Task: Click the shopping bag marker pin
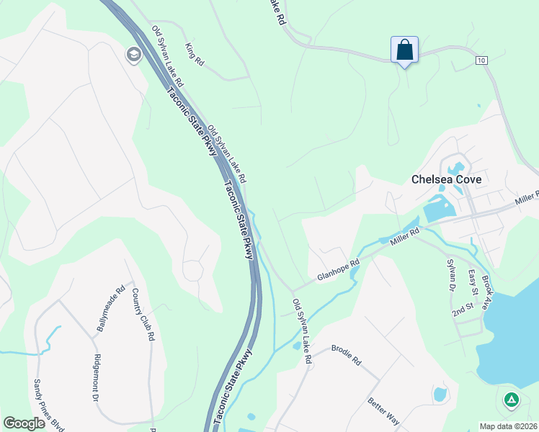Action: point(404,50)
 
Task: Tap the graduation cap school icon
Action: point(133,55)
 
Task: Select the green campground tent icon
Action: point(511,399)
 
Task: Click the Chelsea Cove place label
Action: point(446,179)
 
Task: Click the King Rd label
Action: point(195,55)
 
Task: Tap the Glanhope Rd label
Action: point(338,271)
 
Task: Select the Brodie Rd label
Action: point(346,356)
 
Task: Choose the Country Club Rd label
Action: point(142,314)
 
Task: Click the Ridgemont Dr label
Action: point(97,377)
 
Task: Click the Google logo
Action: point(24,423)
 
